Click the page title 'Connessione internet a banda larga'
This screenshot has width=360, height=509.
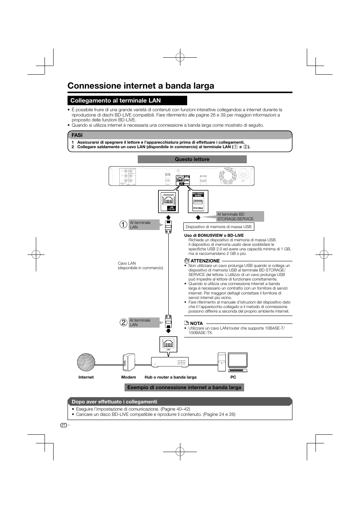tap(141, 86)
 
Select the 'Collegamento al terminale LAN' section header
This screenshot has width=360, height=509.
tap(115, 100)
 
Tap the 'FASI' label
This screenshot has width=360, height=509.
tap(77, 135)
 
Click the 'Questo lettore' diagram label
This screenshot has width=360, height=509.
tap(192, 159)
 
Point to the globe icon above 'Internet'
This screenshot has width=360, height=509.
tap(86, 362)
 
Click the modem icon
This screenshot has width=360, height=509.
tap(129, 362)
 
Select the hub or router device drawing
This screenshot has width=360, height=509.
tap(170, 362)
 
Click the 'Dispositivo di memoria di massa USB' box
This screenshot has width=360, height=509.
tap(218, 227)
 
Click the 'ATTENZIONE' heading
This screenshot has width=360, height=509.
tap(205, 261)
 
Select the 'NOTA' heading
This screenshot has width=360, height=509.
tap(196, 323)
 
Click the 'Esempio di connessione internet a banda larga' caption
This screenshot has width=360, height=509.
tap(184, 387)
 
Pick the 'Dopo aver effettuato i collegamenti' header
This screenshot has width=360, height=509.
tap(114, 402)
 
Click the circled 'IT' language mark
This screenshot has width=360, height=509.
tap(63, 425)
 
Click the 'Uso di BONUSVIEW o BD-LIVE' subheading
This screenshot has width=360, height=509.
tap(214, 235)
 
